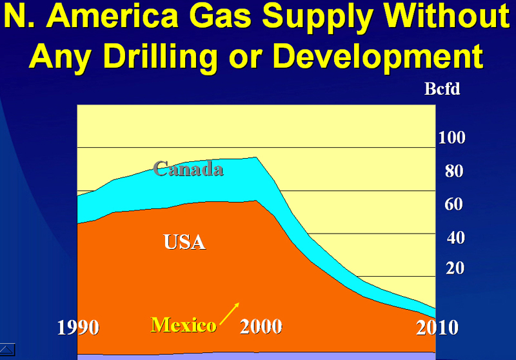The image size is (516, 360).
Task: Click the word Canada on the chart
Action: click(188, 169)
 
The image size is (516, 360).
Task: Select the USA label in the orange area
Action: click(184, 242)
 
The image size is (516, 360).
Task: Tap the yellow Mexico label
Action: click(183, 325)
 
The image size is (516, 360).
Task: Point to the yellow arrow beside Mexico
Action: click(230, 314)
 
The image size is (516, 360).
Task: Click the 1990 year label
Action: click(78, 328)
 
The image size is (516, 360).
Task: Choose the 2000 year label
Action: click(261, 326)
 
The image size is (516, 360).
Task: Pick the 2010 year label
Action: click(437, 328)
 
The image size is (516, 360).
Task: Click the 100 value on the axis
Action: click(452, 137)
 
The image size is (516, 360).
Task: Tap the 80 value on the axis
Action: click(454, 171)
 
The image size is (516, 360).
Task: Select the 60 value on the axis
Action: click(454, 204)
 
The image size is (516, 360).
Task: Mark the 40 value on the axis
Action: click(456, 237)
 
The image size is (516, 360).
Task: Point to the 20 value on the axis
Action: click(455, 268)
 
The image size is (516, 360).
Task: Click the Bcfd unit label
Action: click(442, 89)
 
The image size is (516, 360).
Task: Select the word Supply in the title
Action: click(318, 17)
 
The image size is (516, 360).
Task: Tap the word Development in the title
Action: click(378, 57)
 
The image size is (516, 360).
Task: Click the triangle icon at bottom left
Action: click(7, 349)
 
